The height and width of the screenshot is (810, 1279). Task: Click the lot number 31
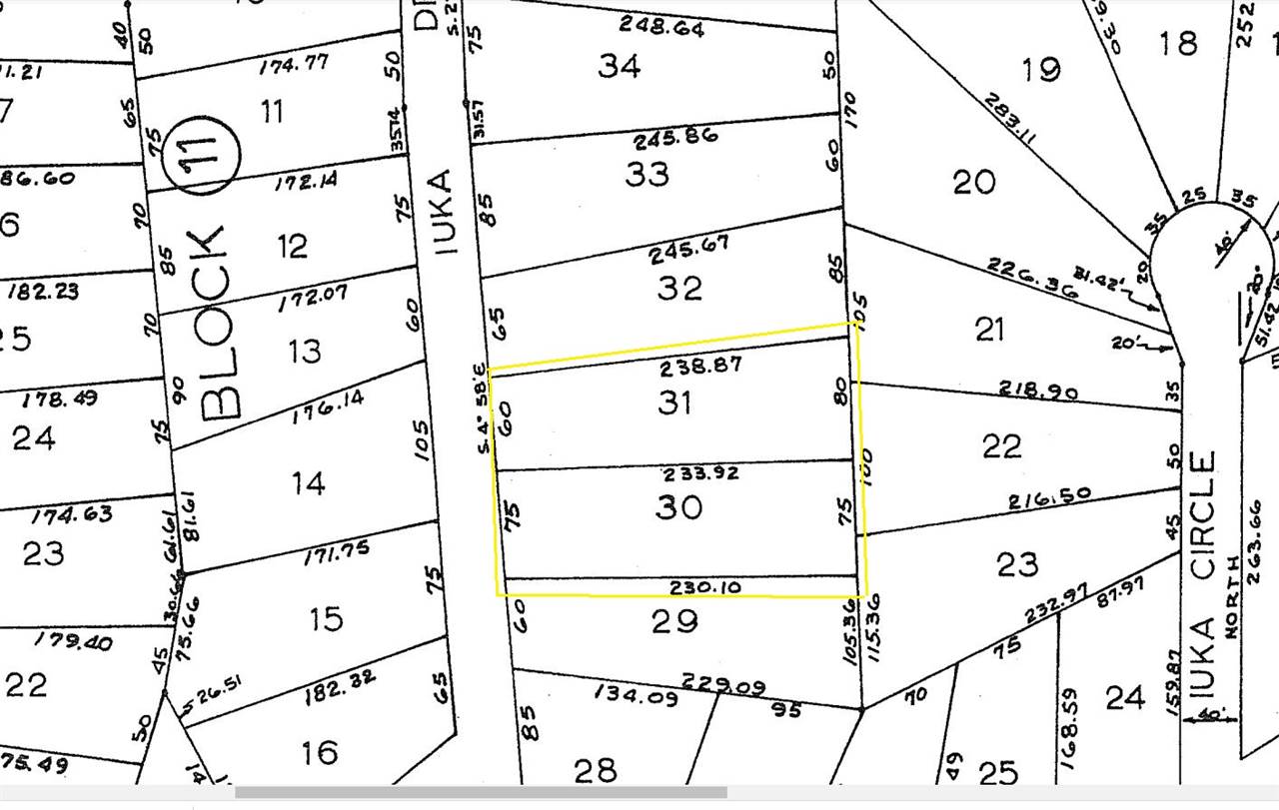(676, 403)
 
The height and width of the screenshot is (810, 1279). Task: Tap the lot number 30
(679, 507)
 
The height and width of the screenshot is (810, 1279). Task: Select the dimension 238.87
(700, 367)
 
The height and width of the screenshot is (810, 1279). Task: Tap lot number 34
(620, 66)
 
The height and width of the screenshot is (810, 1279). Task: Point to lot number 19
(1041, 70)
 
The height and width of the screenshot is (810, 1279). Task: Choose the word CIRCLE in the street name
(1202, 515)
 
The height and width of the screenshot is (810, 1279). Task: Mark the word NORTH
(1232, 582)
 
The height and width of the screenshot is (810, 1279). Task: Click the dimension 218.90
(1038, 391)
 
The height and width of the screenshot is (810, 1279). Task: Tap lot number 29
(674, 621)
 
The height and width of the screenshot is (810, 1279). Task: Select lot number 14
(308, 483)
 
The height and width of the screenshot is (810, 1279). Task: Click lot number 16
(320, 752)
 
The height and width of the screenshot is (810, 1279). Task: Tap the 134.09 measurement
(634, 691)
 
